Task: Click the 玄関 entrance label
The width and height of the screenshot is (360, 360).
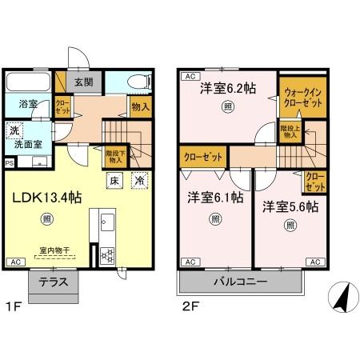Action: pyautogui.click(x=83, y=82)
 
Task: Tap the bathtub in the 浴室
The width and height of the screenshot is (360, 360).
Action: pyautogui.click(x=29, y=84)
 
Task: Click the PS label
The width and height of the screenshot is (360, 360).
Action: pyautogui.click(x=9, y=162)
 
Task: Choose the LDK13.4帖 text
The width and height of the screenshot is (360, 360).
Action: pyautogui.click(x=46, y=194)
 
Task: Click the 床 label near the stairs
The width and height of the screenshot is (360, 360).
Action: pyautogui.click(x=115, y=181)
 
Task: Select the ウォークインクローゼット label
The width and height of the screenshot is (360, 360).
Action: pyautogui.click(x=302, y=98)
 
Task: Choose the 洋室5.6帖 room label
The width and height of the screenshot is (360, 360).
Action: pyautogui.click(x=290, y=206)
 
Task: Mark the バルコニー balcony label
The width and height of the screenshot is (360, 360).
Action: pyautogui.click(x=240, y=282)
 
